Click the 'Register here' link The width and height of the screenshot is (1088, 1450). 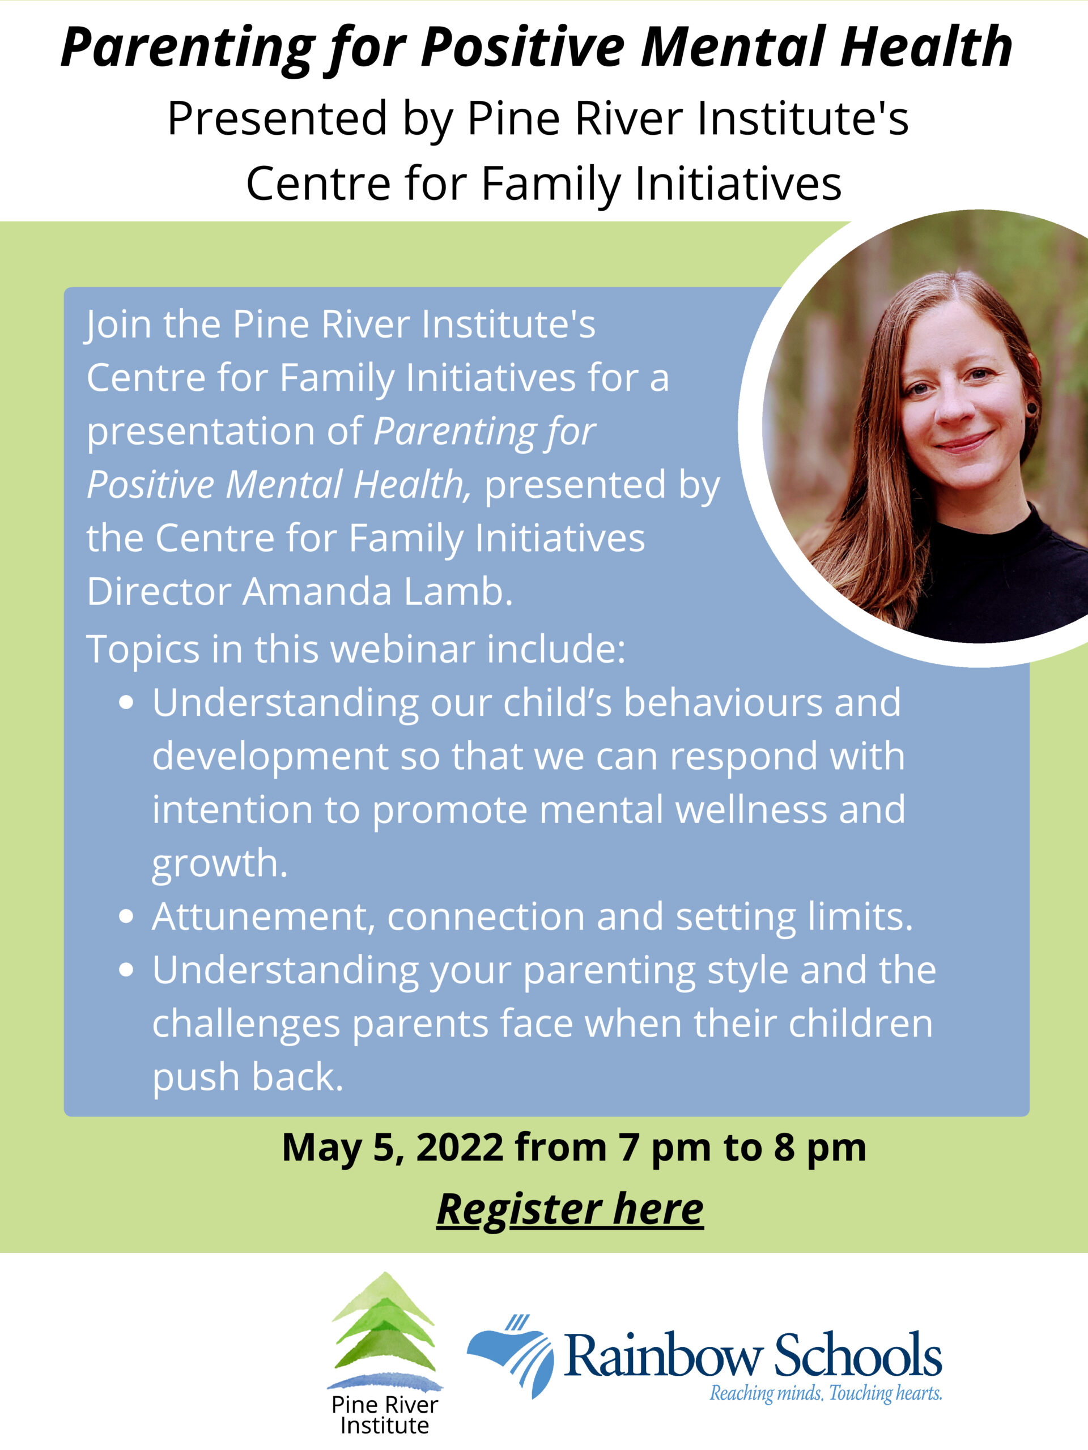pyautogui.click(x=570, y=1209)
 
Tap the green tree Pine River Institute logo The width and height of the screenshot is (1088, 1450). pyautogui.click(x=384, y=1330)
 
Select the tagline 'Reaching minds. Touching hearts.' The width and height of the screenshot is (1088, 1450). pyautogui.click(x=826, y=1392)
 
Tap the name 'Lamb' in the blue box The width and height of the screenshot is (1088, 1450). pyautogui.click(x=458, y=591)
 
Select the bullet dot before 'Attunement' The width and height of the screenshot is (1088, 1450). pyautogui.click(x=126, y=916)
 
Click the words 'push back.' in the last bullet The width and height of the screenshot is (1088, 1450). pyautogui.click(x=248, y=1078)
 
